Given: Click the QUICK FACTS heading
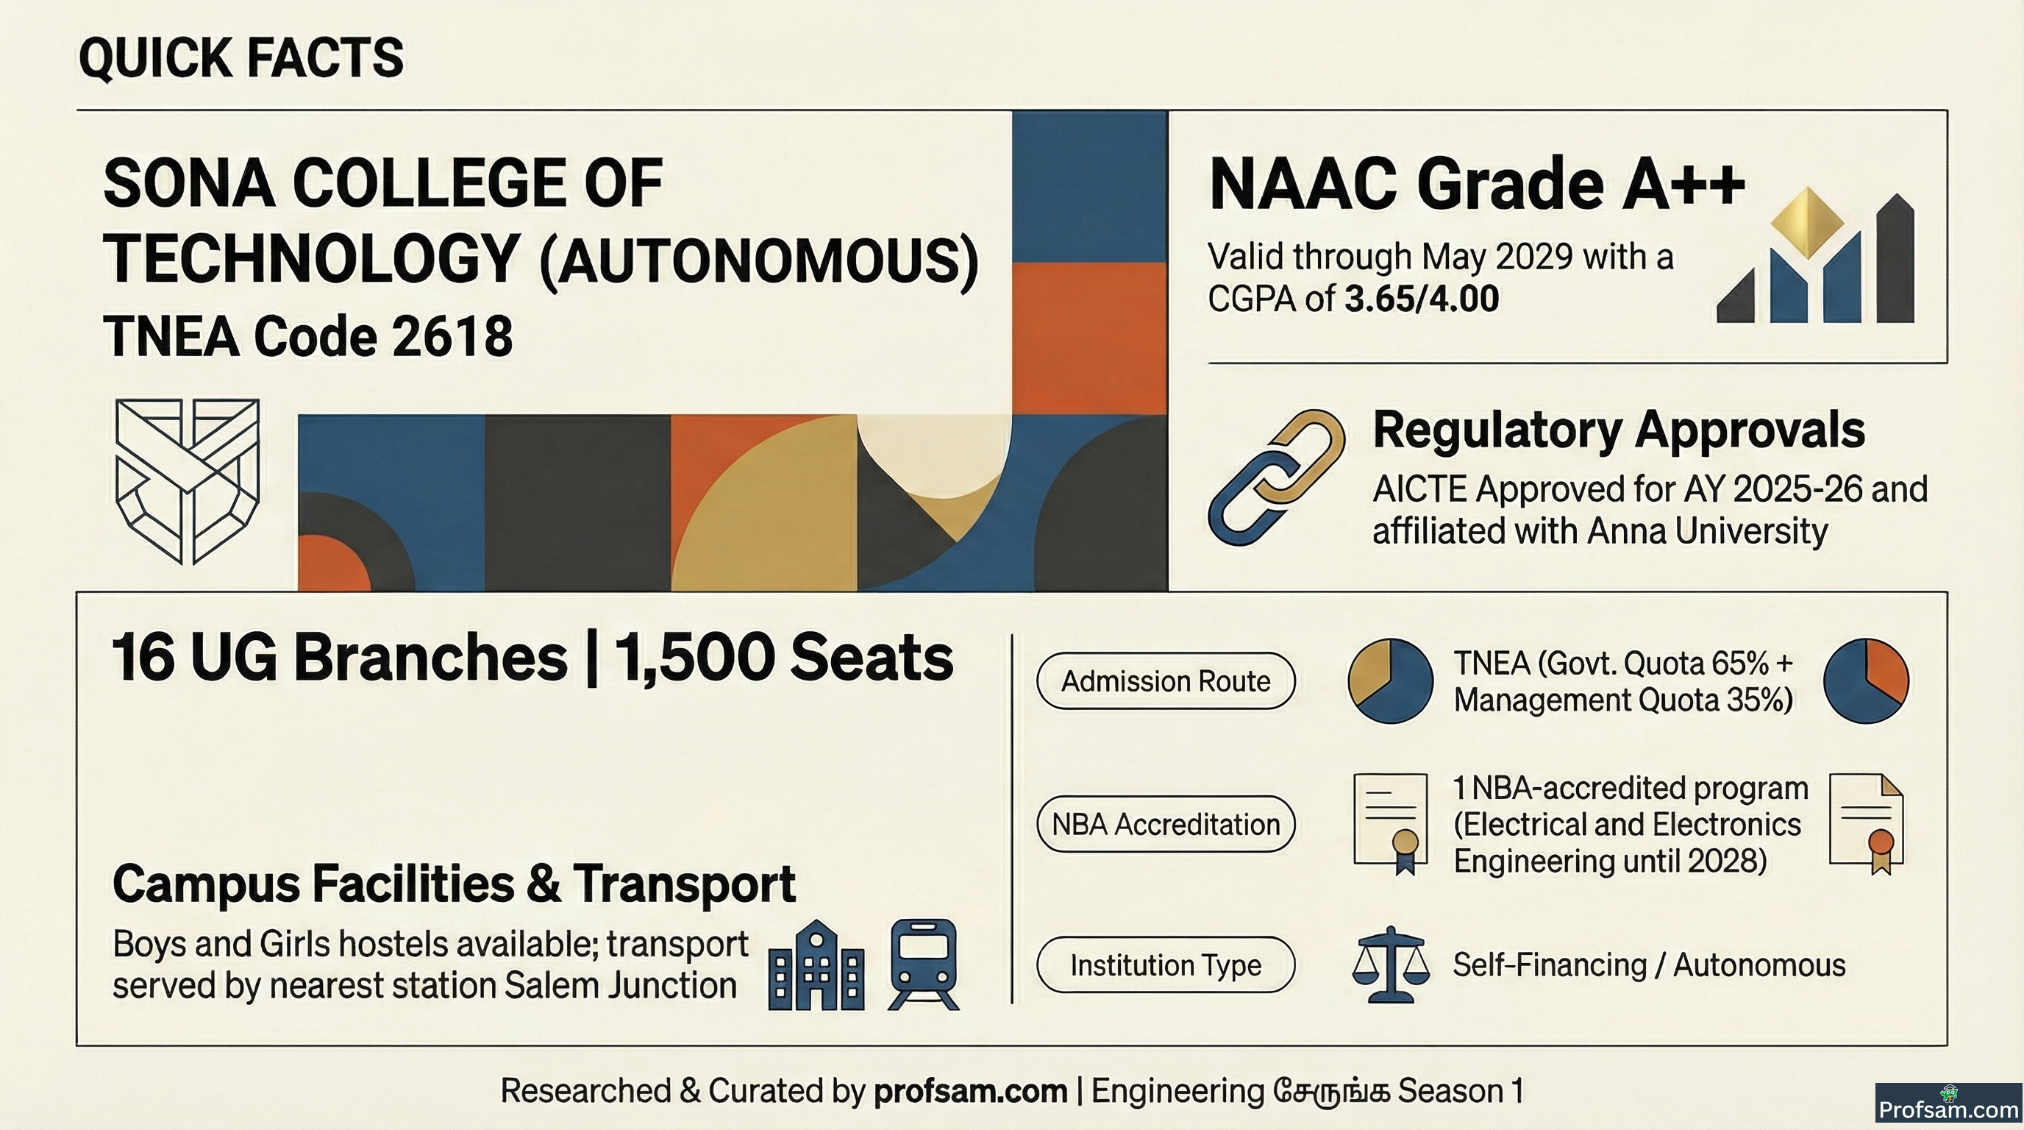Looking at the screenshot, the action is pos(241,57).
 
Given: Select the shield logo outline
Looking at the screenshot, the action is pos(187,481).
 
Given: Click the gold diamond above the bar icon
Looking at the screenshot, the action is pos(1808,222).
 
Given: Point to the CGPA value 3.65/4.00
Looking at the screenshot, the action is pos(1422,299).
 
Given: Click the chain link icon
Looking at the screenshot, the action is pos(1276,477).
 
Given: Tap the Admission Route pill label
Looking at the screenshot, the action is pos(1165,681).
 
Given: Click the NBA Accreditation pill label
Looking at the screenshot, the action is pos(1165,823).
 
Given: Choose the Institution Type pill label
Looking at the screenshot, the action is pos(1165,965).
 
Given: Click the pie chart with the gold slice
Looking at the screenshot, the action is pos(1390,681).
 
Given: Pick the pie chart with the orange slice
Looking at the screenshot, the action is pos(1865,681).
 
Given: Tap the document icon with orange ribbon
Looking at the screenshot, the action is pos(1866,823).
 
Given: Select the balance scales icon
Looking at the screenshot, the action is pos(1390,965).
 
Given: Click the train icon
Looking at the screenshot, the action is pos(923,965).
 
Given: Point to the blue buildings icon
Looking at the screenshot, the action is pos(816,965).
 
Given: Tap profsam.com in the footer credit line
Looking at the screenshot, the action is pos(970,1091).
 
